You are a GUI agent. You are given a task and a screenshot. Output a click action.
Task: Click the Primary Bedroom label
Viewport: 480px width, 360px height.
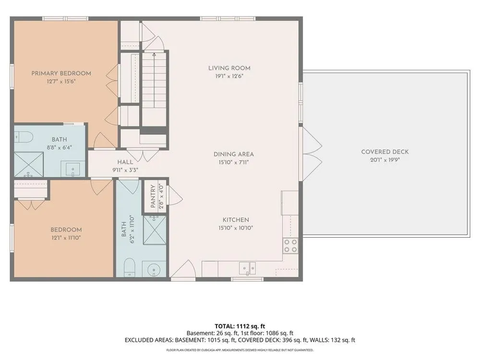(61, 73)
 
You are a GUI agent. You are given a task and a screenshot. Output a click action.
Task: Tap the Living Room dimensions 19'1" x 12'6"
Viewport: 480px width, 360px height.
(229, 76)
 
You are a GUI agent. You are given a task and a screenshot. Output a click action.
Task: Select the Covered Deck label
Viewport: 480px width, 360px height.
(385, 152)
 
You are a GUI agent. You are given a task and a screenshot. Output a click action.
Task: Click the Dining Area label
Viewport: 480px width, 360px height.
(234, 154)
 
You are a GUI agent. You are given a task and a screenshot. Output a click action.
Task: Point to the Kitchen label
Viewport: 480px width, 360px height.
(236, 220)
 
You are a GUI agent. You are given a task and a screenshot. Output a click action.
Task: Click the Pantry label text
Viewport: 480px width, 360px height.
(154, 196)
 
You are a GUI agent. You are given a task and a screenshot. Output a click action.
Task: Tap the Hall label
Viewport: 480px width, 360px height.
(125, 162)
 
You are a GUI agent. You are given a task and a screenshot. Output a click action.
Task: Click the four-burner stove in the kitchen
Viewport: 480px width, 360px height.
(290, 246)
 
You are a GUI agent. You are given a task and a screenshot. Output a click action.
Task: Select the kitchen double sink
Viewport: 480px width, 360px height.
(247, 268)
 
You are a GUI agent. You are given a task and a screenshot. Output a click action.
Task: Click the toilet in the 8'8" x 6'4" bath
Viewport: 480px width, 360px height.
(24, 137)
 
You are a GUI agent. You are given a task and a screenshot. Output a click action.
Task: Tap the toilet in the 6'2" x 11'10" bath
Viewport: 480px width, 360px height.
(130, 267)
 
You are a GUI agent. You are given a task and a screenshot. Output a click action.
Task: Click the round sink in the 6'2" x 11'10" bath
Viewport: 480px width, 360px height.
(154, 270)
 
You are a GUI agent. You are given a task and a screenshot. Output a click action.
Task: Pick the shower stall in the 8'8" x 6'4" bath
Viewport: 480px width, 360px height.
(29, 164)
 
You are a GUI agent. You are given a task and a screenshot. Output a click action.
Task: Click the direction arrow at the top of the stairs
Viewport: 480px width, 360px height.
(154, 55)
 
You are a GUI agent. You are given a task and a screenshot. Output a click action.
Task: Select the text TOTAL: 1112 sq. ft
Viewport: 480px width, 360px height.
(240, 326)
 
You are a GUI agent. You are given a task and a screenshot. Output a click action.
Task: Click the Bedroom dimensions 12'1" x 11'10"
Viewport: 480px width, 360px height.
(66, 238)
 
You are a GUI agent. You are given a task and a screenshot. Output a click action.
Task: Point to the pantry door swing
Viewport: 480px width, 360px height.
(176, 196)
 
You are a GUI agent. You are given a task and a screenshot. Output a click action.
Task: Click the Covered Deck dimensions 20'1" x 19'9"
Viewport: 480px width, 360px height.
(385, 160)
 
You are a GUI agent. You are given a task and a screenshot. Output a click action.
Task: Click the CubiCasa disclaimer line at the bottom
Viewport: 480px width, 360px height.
(240, 350)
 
